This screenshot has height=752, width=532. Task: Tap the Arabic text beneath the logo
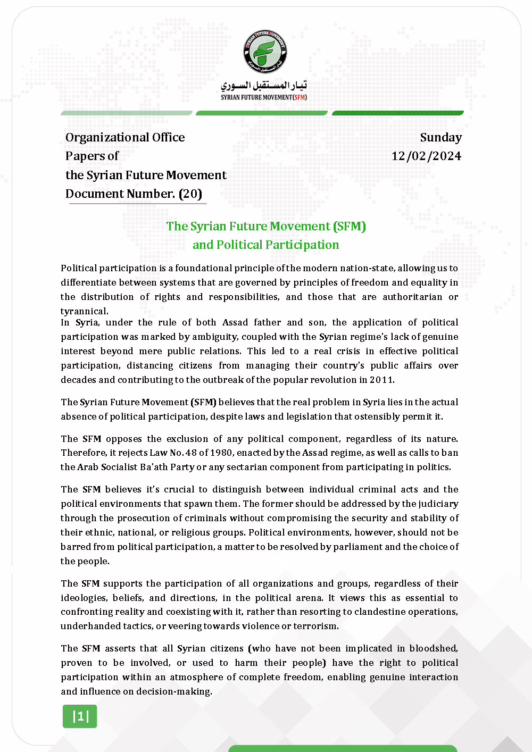(x=264, y=85)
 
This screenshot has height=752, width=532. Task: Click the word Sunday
(x=440, y=137)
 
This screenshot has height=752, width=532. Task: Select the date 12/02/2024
(x=426, y=156)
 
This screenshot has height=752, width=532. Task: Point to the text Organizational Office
(x=125, y=137)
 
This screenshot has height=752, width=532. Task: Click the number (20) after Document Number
(x=190, y=194)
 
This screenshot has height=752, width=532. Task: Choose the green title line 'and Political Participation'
(x=265, y=245)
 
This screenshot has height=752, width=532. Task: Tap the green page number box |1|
(x=80, y=716)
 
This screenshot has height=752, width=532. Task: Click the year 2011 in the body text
(x=381, y=380)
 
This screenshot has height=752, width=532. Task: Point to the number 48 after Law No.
(x=191, y=453)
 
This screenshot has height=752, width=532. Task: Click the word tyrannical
(x=84, y=311)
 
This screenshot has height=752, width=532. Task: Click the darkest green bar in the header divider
(x=397, y=113)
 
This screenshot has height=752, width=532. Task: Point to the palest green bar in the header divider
(x=126, y=113)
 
